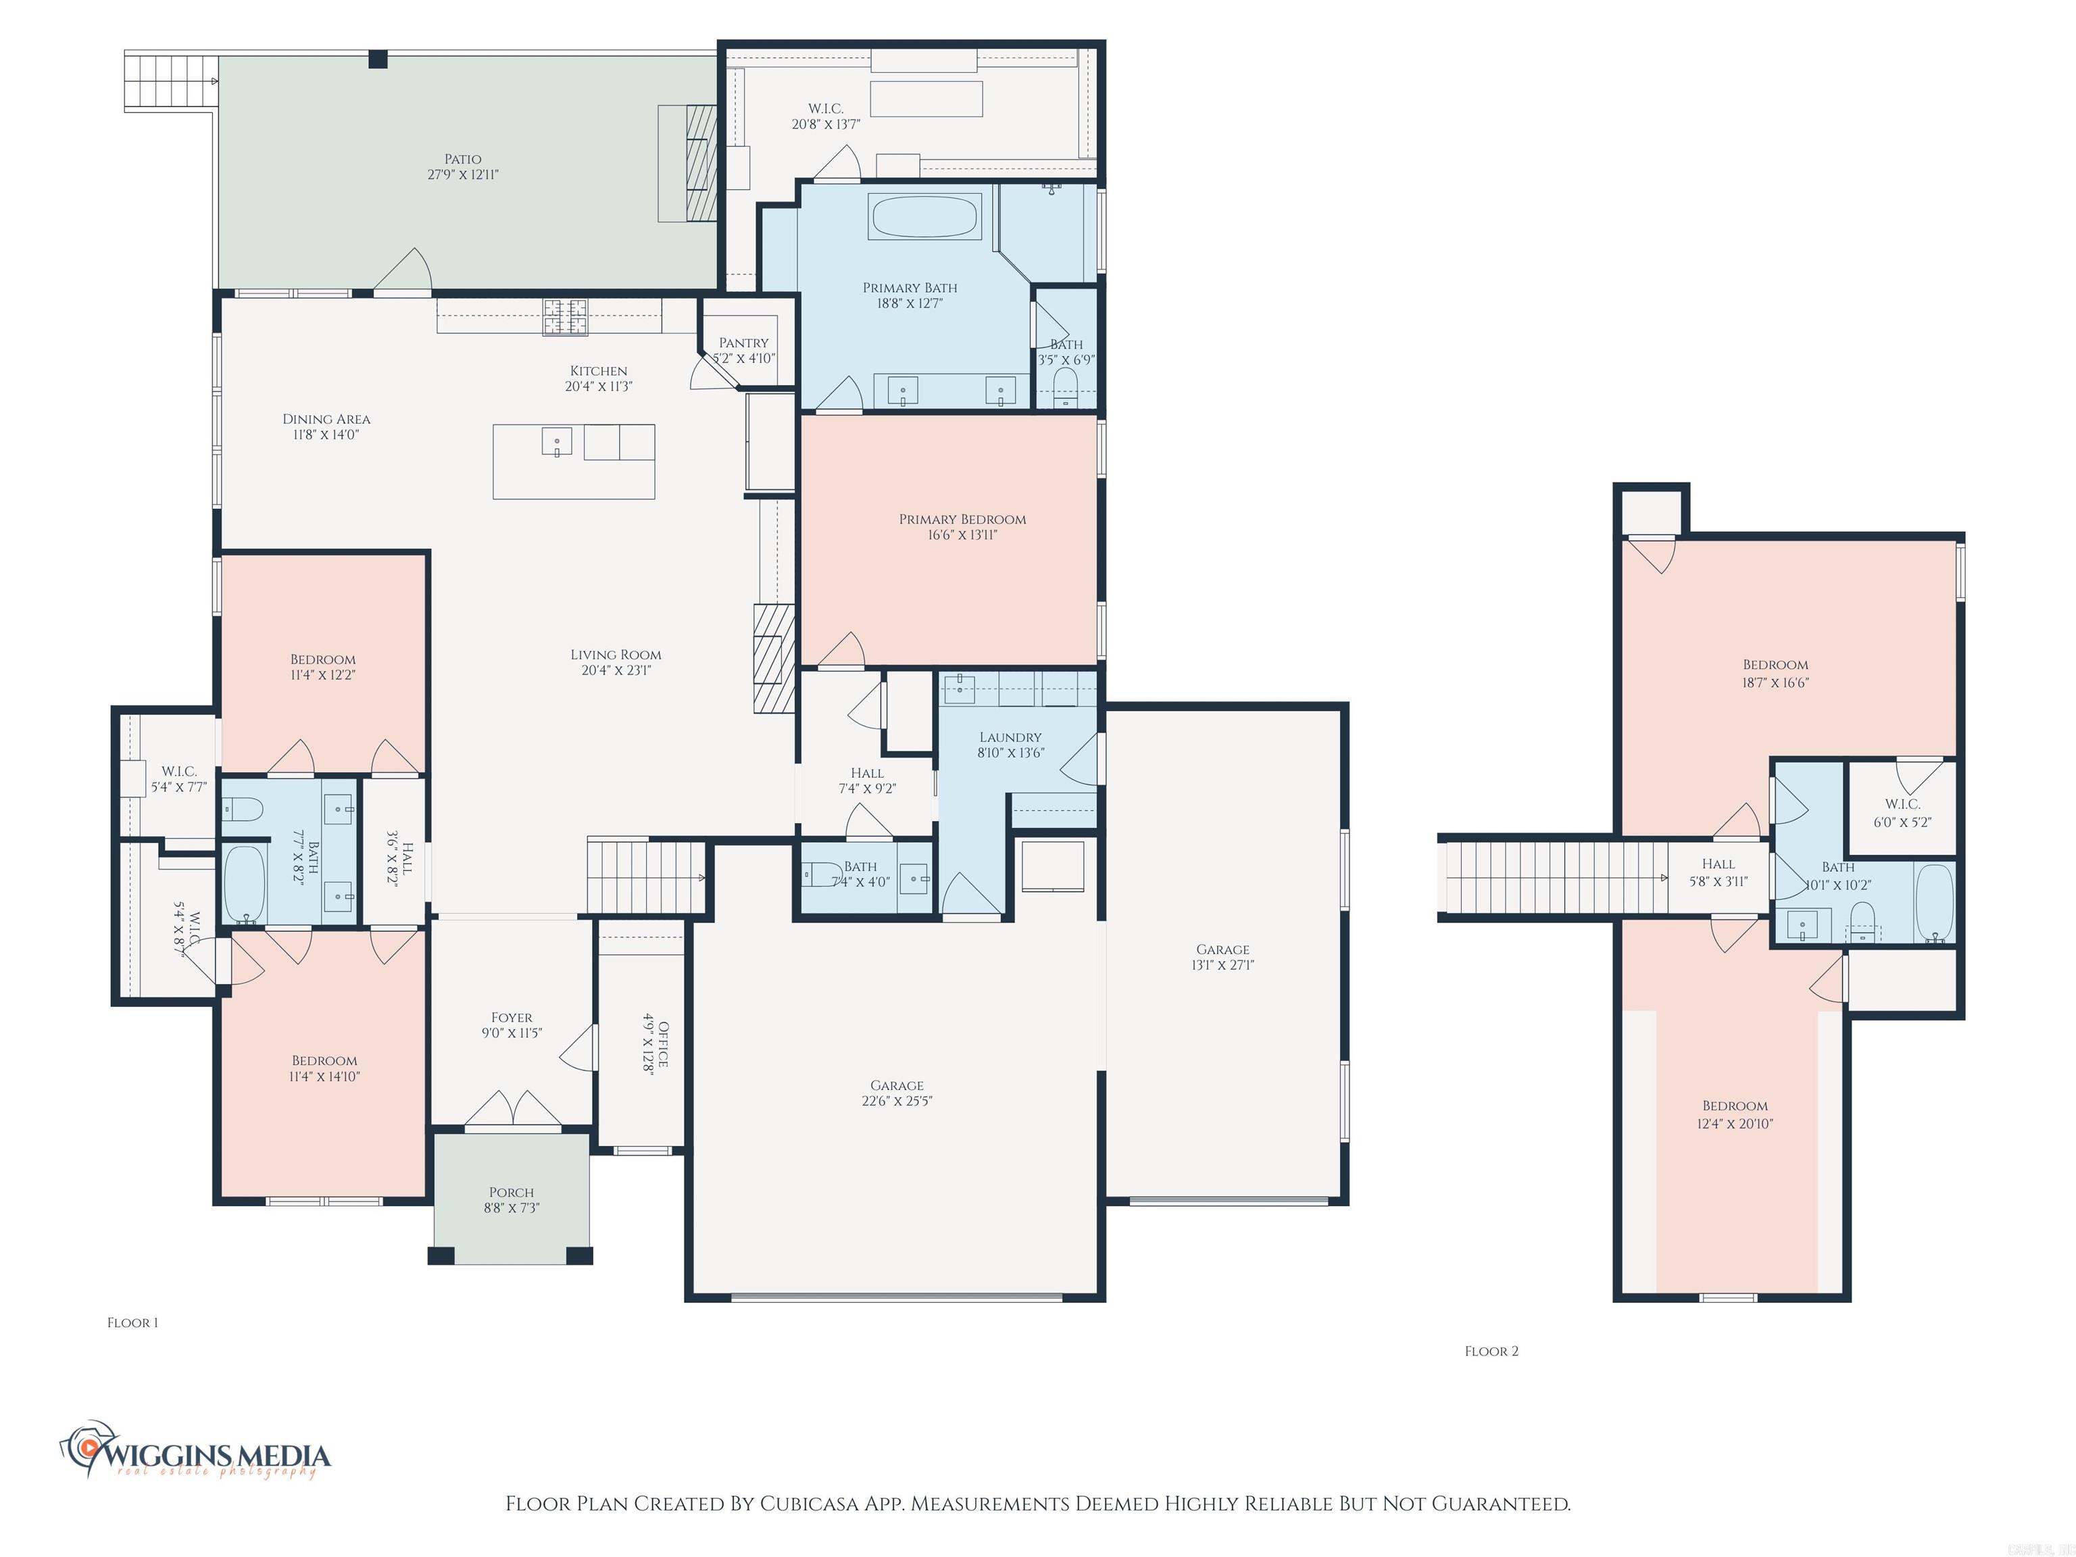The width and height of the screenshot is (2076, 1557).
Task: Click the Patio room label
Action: (463, 159)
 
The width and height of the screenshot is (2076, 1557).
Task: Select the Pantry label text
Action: (743, 343)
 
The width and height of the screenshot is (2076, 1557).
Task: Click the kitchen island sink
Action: (557, 441)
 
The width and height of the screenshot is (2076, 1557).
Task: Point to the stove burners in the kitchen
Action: (566, 316)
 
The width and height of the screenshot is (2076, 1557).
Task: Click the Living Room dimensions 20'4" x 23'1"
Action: (616, 671)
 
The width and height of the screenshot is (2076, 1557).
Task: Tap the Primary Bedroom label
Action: (962, 519)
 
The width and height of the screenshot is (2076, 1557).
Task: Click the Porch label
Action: (512, 1193)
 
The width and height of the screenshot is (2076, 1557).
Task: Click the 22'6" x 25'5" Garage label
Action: (896, 1101)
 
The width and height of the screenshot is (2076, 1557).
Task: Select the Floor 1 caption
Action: (132, 1323)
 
